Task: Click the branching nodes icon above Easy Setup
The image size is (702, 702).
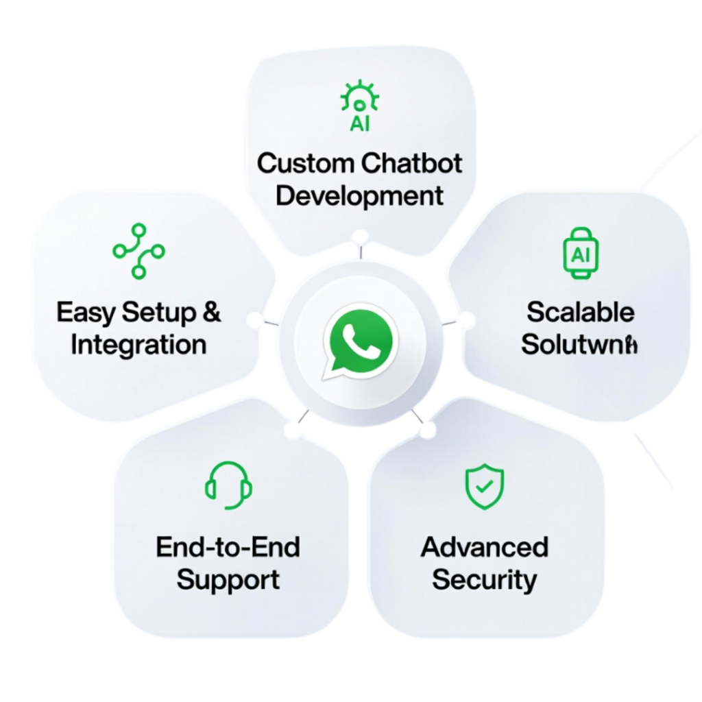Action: click(x=139, y=250)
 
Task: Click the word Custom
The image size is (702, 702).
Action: click(x=306, y=164)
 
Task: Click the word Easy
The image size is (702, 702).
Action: click(x=86, y=313)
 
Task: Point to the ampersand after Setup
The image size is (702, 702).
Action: click(x=213, y=313)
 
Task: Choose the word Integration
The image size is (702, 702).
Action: click(x=138, y=344)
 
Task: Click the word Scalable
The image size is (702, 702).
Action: click(x=580, y=313)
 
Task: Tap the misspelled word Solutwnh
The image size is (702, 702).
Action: click(x=580, y=344)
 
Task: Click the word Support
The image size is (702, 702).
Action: click(x=228, y=580)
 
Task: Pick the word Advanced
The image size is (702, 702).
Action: click(x=485, y=547)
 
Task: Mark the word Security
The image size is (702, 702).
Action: click(x=485, y=580)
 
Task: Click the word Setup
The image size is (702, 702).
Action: click(x=159, y=313)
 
